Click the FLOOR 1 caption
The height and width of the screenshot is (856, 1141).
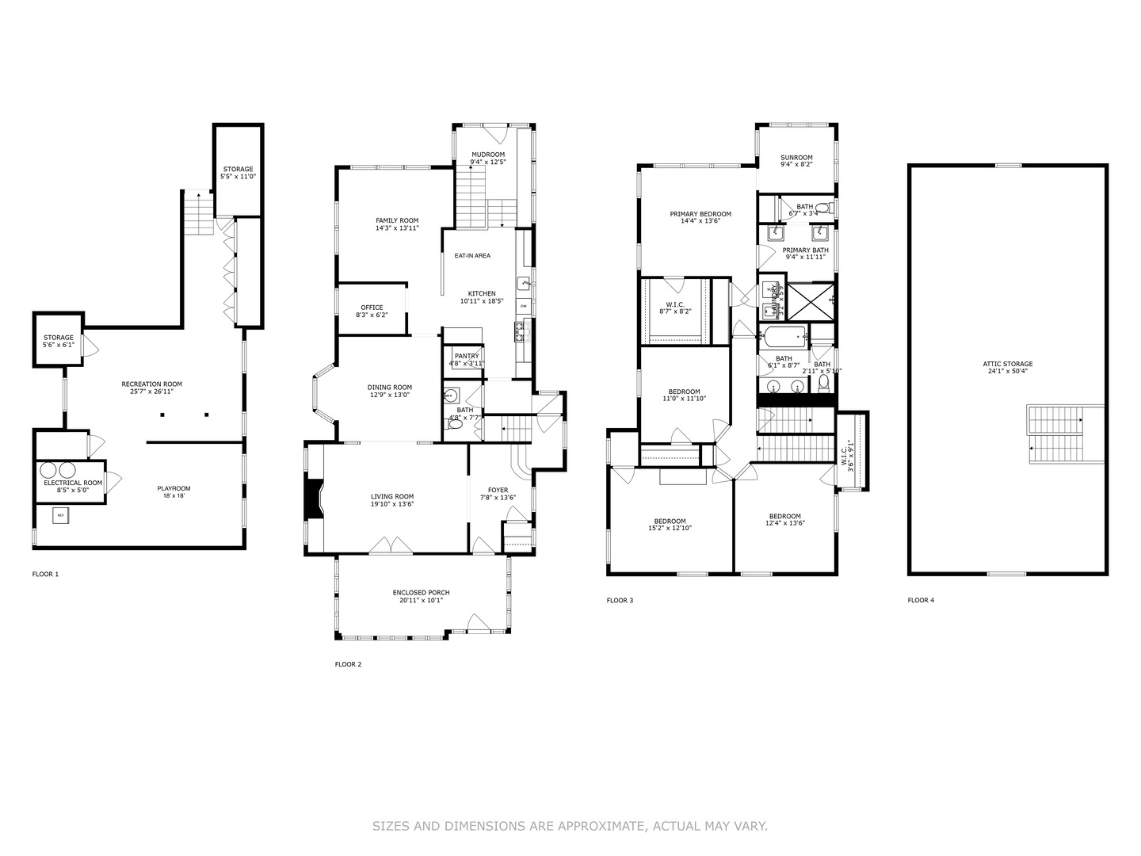point(45,574)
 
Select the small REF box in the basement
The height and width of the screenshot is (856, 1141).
point(61,516)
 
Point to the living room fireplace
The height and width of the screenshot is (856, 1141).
point(315,499)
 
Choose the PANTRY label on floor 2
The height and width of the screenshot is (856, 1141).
point(467,356)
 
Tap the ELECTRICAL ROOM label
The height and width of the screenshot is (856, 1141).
point(73,483)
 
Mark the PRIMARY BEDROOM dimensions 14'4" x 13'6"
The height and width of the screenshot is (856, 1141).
point(700,221)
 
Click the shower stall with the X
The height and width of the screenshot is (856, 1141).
point(809,301)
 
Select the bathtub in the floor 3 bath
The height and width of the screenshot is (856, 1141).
point(783,337)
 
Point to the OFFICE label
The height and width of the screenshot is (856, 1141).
point(372,308)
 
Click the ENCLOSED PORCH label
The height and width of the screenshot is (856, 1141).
point(421,593)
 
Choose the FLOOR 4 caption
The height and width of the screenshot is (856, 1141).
point(921,600)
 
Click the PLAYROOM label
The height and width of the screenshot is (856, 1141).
point(174,488)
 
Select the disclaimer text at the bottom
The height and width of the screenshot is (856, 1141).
point(570,826)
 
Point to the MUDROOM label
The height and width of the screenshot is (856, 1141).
point(487,155)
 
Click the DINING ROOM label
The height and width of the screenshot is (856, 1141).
point(389,388)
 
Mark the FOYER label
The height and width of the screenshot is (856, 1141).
point(498,490)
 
